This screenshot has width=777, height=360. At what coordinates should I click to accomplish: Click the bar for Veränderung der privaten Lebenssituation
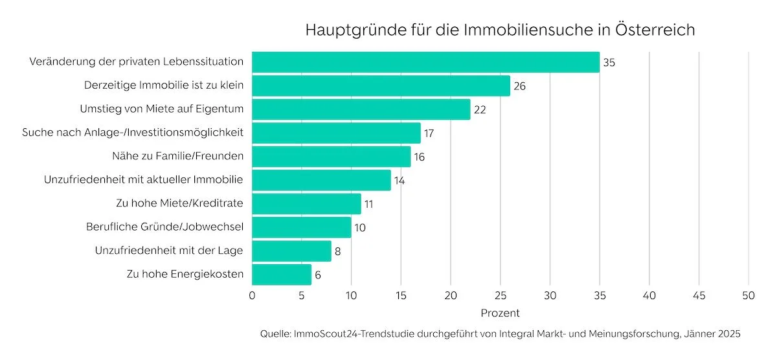pyautogui.click(x=425, y=62)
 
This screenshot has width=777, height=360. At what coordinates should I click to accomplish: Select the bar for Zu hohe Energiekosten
pyautogui.click(x=282, y=275)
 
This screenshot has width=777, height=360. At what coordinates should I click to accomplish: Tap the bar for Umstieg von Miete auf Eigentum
pyautogui.click(x=361, y=109)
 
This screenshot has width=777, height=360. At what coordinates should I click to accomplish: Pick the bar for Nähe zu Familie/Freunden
pyautogui.click(x=331, y=157)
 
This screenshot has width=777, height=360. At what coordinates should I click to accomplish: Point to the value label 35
pyautogui.click(x=609, y=63)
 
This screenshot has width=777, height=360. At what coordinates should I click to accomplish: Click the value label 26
pyautogui.click(x=519, y=86)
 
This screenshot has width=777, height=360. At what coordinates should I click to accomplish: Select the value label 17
pyautogui.click(x=428, y=133)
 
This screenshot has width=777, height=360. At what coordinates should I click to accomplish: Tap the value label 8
pyautogui.click(x=338, y=251)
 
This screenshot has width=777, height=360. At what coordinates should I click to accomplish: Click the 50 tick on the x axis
pyautogui.click(x=749, y=297)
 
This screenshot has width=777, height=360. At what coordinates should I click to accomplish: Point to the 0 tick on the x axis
pyautogui.click(x=252, y=297)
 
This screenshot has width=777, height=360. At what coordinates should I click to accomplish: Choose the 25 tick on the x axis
pyautogui.click(x=500, y=297)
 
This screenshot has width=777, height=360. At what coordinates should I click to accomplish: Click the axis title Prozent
pyautogui.click(x=500, y=313)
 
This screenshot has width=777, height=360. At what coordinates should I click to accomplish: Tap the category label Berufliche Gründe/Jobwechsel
pyautogui.click(x=164, y=227)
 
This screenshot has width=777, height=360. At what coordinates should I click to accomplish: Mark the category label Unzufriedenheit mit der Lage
pyautogui.click(x=169, y=251)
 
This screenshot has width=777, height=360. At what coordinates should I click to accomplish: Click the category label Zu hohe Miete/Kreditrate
pyautogui.click(x=179, y=203)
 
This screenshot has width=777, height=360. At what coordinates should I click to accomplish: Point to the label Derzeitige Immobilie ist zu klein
pyautogui.click(x=164, y=85)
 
